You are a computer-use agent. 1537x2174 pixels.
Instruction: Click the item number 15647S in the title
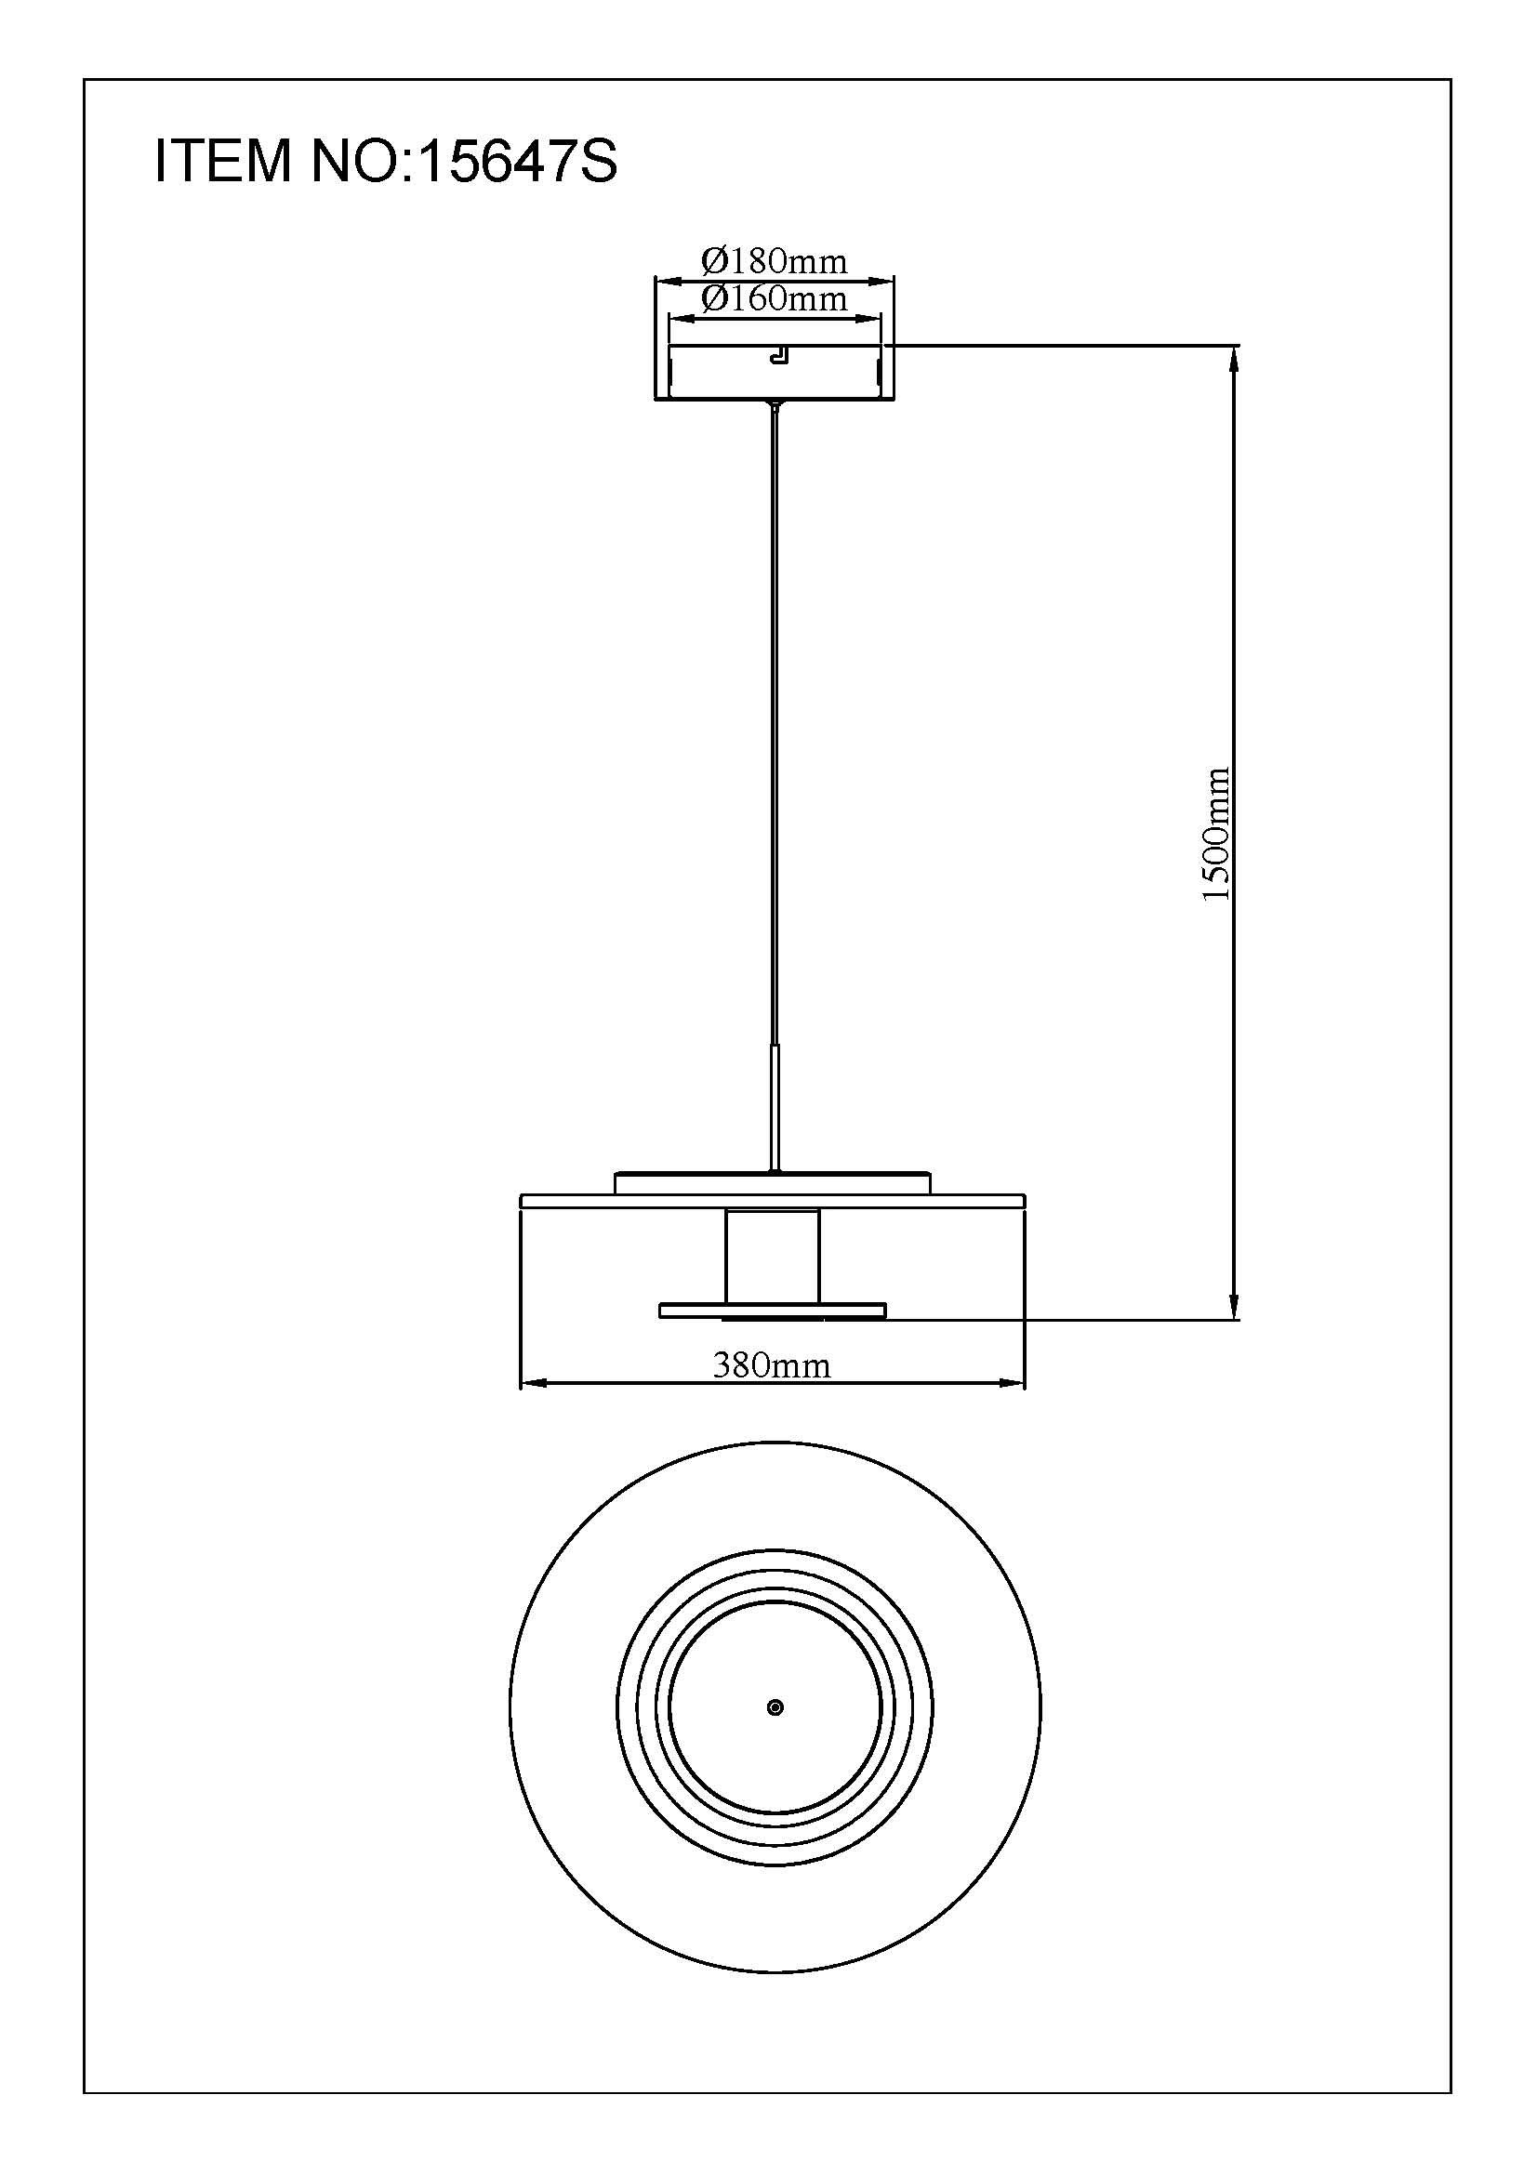pyautogui.click(x=517, y=161)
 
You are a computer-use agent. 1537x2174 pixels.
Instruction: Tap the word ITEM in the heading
pyautogui.click(x=223, y=161)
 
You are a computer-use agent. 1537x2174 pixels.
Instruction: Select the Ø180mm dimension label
pyautogui.click(x=775, y=260)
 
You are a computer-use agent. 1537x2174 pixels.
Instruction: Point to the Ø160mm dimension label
pyautogui.click(x=775, y=299)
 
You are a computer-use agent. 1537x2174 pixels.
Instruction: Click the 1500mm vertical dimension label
pyautogui.click(x=1215, y=833)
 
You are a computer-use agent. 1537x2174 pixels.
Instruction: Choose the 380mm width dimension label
pyautogui.click(x=772, y=1364)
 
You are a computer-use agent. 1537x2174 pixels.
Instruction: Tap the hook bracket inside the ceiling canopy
pyautogui.click(x=778, y=355)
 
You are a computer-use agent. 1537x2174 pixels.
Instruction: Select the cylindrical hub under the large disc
pyautogui.click(x=772, y=1256)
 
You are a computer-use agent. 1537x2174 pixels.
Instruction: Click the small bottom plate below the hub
pyautogui.click(x=773, y=1311)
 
